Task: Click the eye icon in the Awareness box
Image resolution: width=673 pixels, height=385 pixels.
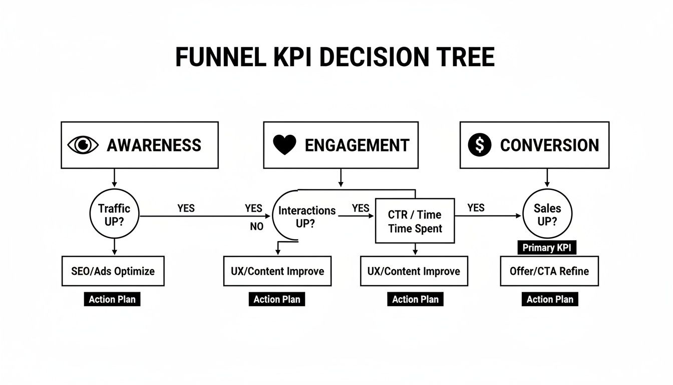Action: pos(84,145)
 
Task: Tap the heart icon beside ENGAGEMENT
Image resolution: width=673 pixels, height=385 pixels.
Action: pos(285,145)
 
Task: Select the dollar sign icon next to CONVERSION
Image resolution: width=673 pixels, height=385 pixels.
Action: pos(480,145)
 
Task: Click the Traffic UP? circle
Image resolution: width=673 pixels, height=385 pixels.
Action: pos(114,216)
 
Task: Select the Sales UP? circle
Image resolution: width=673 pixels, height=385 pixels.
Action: pos(547,215)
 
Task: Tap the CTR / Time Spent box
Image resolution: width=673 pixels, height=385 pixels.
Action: pos(415,221)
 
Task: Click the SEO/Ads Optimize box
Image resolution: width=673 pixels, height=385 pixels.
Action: pos(113,271)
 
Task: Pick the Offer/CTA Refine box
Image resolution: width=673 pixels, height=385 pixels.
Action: pos(549,271)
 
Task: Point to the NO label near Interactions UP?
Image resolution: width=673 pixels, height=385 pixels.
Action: pos(256,227)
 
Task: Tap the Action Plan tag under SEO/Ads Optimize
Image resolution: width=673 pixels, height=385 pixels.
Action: pos(112,299)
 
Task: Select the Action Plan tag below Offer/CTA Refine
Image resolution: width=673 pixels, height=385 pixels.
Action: pos(550,299)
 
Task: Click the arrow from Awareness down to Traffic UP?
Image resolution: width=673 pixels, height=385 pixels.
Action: pos(114,177)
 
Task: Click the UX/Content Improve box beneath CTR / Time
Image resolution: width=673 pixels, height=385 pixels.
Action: pos(414,271)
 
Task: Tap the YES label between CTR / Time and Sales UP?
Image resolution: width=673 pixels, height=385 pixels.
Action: pos(476,208)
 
